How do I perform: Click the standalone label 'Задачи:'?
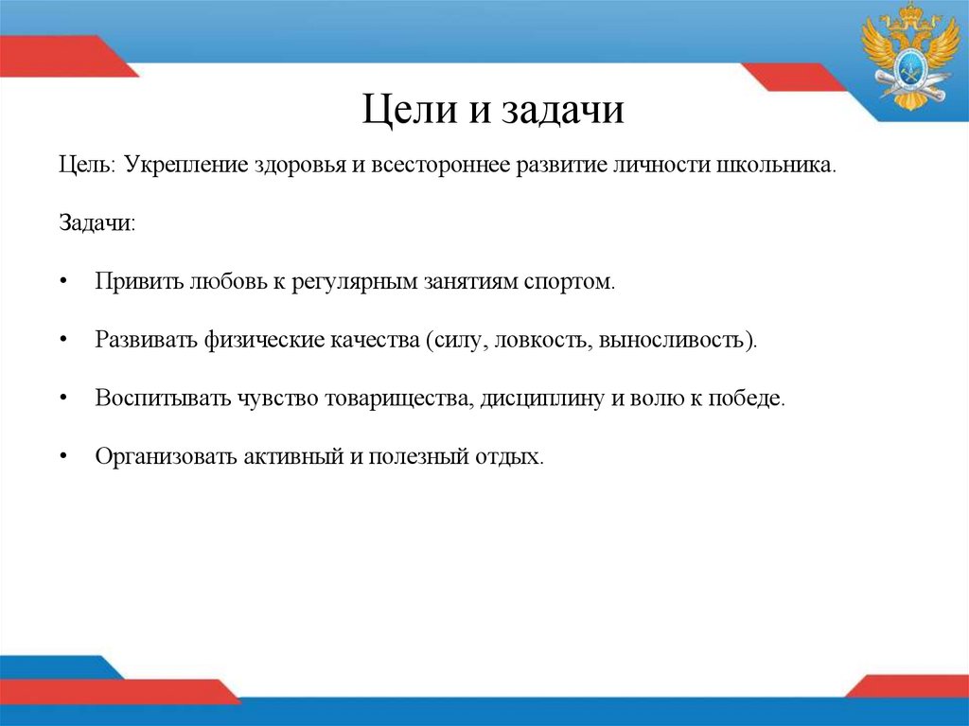[x=97, y=223]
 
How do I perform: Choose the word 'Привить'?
[x=138, y=282]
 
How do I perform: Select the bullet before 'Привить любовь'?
[x=62, y=283]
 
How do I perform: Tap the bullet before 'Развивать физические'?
[x=62, y=340]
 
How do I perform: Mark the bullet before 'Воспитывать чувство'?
[x=62, y=398]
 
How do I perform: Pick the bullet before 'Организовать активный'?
[x=62, y=456]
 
